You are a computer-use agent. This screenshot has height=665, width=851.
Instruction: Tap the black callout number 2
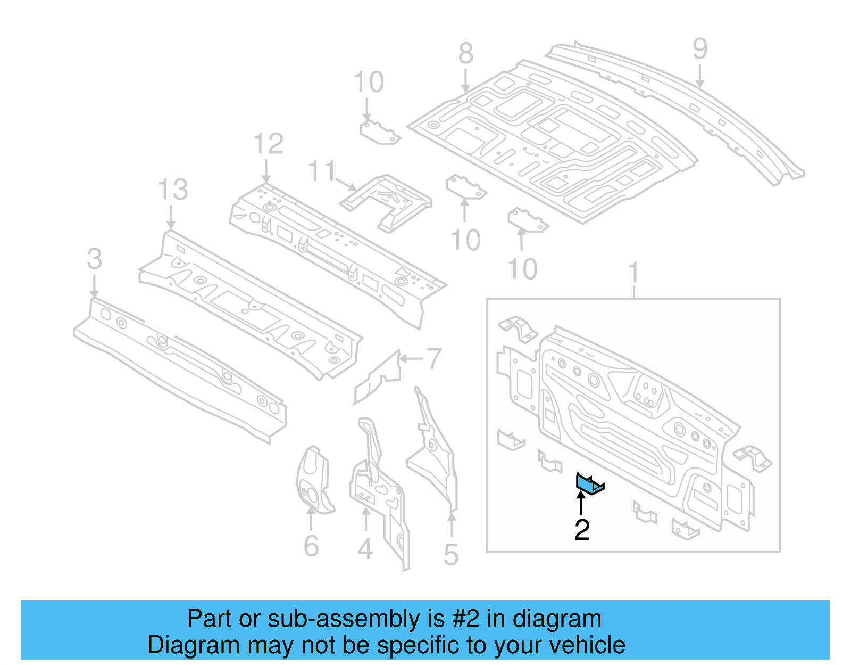[582, 530]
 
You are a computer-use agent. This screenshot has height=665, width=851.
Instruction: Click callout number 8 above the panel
[466, 54]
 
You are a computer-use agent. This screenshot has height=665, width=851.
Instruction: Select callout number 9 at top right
[700, 49]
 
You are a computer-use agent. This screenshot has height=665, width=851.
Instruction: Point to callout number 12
[268, 144]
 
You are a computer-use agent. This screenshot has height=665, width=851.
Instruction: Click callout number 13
[173, 190]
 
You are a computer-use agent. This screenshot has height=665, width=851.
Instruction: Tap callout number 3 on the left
[94, 259]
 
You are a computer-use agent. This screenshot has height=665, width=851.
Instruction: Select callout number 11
[322, 171]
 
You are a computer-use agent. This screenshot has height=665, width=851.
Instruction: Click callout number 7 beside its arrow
[434, 359]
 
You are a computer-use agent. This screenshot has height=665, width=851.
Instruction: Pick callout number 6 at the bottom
[311, 546]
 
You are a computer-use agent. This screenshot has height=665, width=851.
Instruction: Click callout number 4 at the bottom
[365, 549]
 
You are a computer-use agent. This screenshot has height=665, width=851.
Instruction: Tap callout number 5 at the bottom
[451, 555]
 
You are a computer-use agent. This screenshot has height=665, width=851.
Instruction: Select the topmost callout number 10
[369, 83]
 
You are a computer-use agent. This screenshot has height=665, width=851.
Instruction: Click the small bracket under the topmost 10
[379, 132]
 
